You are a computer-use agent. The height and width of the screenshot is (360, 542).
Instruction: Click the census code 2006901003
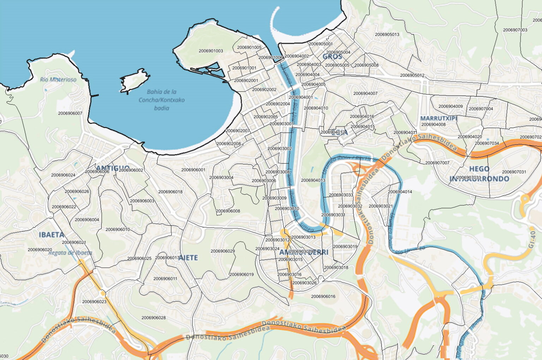click(211, 51)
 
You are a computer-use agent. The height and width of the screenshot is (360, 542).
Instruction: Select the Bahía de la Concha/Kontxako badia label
click(162, 100)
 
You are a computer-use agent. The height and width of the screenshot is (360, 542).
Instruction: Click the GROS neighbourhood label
click(332, 56)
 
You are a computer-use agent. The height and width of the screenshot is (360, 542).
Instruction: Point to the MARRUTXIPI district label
click(438, 118)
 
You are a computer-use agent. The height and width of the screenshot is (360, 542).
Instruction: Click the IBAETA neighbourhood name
click(52, 235)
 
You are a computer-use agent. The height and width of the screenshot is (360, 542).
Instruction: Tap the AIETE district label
click(188, 258)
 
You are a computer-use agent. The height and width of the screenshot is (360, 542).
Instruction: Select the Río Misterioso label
click(58, 79)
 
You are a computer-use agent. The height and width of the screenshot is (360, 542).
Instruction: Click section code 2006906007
click(70, 113)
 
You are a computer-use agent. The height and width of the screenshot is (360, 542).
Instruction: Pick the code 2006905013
click(387, 35)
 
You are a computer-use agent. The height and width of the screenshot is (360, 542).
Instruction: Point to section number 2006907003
click(515, 30)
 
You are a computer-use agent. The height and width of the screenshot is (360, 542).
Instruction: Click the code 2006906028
click(153, 318)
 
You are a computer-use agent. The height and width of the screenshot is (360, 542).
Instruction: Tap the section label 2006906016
click(323, 297)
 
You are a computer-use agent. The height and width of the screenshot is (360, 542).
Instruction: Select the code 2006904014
click(400, 192)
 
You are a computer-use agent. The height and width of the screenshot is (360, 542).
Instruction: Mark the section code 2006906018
click(170, 192)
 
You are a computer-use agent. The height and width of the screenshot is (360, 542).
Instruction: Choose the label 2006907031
click(514, 172)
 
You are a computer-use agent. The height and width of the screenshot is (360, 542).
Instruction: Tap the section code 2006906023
click(94, 301)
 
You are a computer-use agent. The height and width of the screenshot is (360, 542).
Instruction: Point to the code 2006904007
click(366, 93)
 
